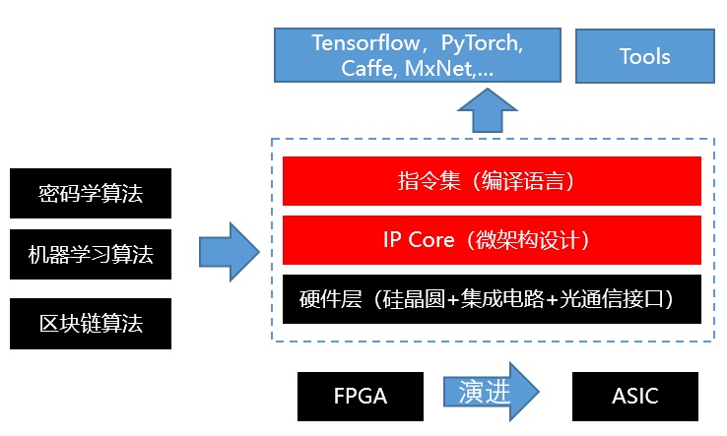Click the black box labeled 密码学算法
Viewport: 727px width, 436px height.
coord(91,193)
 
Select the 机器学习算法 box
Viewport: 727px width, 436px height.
coord(91,254)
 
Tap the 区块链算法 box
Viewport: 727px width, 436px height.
coord(91,324)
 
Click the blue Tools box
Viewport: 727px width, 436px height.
coord(645,56)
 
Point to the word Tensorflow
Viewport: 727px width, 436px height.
coord(365,43)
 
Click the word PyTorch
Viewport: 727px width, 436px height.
coord(482,44)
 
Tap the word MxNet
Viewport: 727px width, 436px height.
coord(439,68)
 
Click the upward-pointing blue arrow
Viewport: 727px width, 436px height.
coord(488,111)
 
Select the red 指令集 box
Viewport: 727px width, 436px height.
coord(492,181)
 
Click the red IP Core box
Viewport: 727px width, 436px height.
coord(492,240)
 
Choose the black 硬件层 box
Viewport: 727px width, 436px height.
coord(492,299)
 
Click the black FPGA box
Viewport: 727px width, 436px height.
coord(361,397)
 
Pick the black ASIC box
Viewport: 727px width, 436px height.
coord(635,397)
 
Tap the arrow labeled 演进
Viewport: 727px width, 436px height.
coord(492,392)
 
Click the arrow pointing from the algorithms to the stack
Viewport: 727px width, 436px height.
coord(230,252)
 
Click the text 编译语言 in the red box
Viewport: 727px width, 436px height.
coord(522,181)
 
